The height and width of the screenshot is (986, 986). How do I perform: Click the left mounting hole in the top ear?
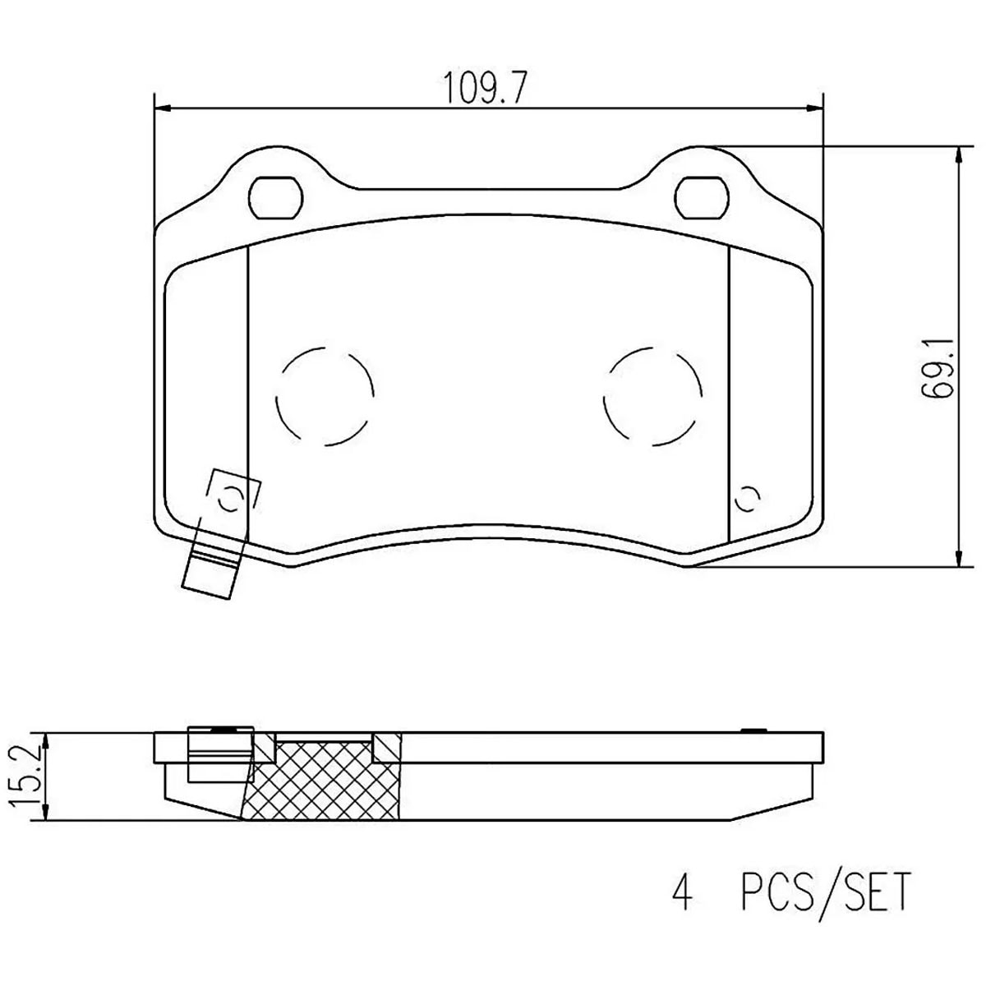pyautogui.click(x=276, y=198)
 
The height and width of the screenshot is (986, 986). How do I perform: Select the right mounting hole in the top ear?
pyautogui.click(x=702, y=198)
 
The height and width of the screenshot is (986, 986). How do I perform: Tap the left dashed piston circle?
pyautogui.click(x=325, y=397)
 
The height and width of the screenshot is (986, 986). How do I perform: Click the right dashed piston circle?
pyautogui.click(x=652, y=397)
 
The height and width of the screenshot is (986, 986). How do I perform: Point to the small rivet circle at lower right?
pyautogui.click(x=747, y=498)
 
